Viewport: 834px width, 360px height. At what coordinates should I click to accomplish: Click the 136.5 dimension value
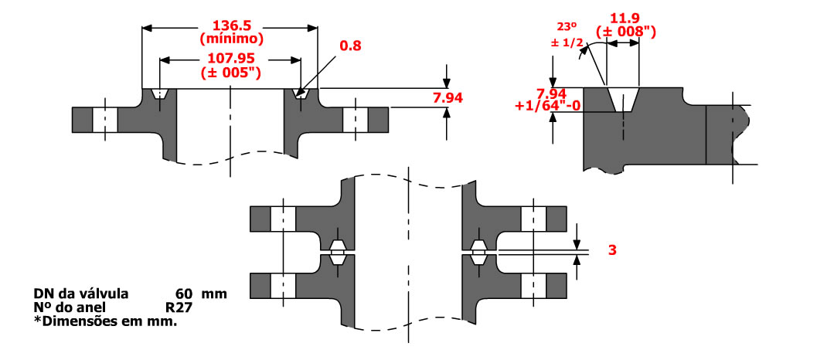[230, 24]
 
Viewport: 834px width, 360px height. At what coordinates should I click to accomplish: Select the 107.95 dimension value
[230, 59]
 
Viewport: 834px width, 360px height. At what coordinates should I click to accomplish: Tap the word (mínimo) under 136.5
[230, 38]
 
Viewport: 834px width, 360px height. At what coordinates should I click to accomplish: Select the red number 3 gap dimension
[612, 250]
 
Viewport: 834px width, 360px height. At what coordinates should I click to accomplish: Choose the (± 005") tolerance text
[230, 73]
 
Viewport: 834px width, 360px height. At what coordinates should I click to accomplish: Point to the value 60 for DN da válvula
[184, 294]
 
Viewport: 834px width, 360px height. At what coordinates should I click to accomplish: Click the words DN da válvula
[81, 294]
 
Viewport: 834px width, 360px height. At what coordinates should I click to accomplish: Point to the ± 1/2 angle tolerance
[567, 42]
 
